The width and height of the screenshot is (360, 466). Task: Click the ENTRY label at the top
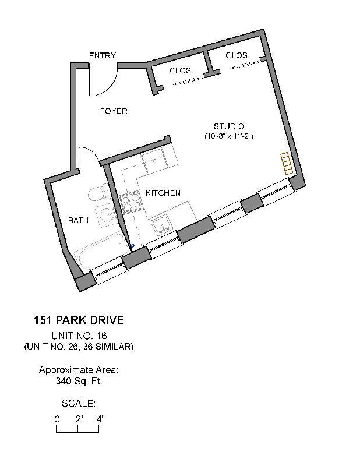point(102,55)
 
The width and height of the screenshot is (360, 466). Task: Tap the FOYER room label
point(113,111)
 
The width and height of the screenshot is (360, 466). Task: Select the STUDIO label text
point(228,126)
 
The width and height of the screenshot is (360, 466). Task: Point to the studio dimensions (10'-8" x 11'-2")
point(228,136)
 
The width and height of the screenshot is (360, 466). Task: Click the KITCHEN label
point(163,193)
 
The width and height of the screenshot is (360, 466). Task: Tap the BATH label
point(78,220)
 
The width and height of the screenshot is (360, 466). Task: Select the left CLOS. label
point(181,70)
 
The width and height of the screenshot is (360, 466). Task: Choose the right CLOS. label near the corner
point(237,55)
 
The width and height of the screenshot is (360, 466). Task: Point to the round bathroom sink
point(107,217)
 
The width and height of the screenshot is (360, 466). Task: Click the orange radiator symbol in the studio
point(285,163)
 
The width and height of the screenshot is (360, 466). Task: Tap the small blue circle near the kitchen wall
point(133,246)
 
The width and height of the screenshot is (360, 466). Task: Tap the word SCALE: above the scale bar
point(78,403)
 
